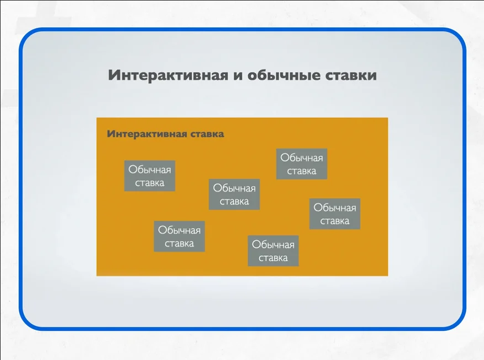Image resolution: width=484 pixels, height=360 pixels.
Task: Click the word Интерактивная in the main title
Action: click(168, 75)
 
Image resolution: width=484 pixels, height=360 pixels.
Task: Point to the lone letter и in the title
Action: click(237, 75)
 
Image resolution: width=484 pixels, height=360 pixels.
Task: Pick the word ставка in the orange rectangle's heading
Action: click(207, 134)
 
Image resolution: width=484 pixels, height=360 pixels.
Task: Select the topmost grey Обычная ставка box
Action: click(302, 164)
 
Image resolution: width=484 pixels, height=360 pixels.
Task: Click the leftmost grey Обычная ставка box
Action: click(150, 176)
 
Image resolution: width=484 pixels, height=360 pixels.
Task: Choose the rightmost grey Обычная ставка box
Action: click(335, 214)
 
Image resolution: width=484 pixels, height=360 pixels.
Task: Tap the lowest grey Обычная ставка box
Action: click(273, 251)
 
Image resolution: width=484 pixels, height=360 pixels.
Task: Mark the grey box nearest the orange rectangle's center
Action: click(234, 194)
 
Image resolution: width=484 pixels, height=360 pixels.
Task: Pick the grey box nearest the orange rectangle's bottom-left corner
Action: click(179, 237)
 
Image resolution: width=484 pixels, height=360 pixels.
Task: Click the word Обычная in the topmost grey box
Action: click(302, 158)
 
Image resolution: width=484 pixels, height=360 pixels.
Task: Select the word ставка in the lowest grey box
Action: click(273, 258)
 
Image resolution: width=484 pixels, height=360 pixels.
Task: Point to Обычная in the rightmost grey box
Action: click(335, 208)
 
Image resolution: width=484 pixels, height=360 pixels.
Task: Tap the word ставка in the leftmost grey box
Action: click(150, 183)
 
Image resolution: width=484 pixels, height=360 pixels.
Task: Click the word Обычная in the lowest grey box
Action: click(273, 245)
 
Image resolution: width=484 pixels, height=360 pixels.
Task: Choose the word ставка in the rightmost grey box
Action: click(335, 221)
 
